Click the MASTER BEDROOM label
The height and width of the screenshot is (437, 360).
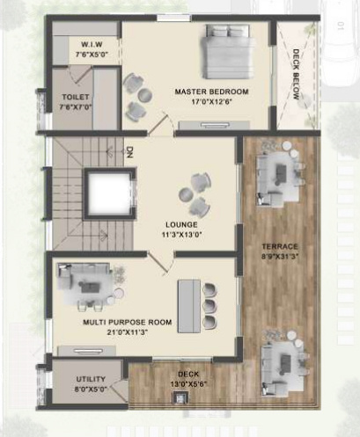211,91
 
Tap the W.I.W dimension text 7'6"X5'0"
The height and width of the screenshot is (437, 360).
92,55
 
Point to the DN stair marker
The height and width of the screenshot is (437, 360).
129,152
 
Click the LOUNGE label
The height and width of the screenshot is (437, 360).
181,225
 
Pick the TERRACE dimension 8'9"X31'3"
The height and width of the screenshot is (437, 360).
280,257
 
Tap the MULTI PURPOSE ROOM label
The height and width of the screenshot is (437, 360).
128,323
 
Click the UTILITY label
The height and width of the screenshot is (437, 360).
91,379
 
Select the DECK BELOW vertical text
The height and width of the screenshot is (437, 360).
297,75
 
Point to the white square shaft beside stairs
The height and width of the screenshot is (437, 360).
109,193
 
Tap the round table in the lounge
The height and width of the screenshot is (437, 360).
186,194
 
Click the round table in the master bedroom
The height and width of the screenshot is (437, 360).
145,95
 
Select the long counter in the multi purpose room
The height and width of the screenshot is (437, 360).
189,306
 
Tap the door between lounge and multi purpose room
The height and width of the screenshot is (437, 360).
158,262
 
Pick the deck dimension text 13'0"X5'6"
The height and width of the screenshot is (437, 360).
188,384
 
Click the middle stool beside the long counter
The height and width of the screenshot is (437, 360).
210,306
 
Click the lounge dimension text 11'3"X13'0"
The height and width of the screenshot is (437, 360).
181,235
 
